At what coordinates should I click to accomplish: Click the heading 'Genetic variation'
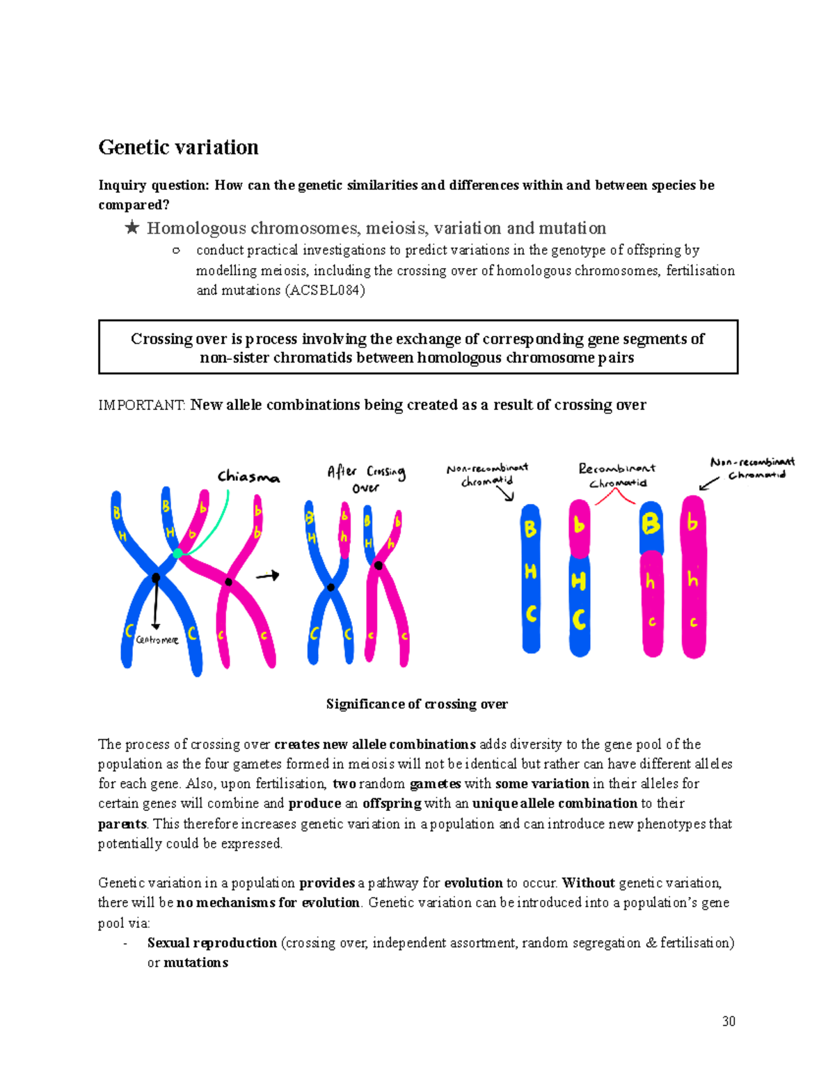click(178, 148)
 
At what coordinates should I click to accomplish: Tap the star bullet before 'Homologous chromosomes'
click(132, 228)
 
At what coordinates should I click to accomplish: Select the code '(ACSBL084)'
click(324, 290)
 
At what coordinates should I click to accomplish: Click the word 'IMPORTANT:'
click(142, 405)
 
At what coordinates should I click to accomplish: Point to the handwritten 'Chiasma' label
click(248, 477)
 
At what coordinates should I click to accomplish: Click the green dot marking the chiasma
click(178, 553)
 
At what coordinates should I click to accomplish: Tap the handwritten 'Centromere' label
click(157, 640)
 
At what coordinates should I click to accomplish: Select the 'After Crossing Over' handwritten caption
click(366, 478)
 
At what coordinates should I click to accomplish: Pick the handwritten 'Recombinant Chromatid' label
click(617, 475)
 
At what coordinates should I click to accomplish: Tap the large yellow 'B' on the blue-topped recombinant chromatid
click(651, 523)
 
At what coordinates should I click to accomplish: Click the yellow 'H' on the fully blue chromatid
click(530, 571)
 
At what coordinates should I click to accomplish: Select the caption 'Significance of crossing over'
click(417, 704)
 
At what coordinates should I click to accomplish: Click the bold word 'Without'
click(588, 883)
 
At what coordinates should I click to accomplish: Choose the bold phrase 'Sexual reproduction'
click(212, 942)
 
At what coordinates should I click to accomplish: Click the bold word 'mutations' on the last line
click(196, 963)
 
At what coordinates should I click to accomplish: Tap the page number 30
click(729, 1021)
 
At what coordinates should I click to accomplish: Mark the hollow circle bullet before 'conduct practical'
click(176, 251)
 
